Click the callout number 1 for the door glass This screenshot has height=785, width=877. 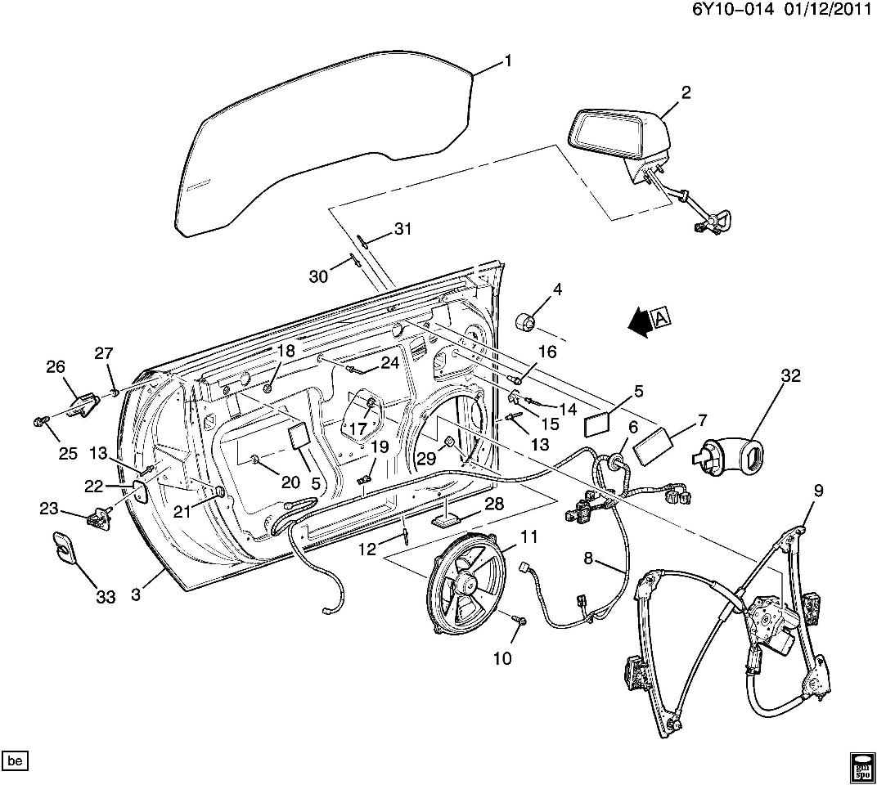508,61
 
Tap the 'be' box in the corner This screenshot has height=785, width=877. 15,760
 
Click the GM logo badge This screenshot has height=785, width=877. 861,762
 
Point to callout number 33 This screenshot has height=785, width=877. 106,598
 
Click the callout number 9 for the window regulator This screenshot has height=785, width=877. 818,491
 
